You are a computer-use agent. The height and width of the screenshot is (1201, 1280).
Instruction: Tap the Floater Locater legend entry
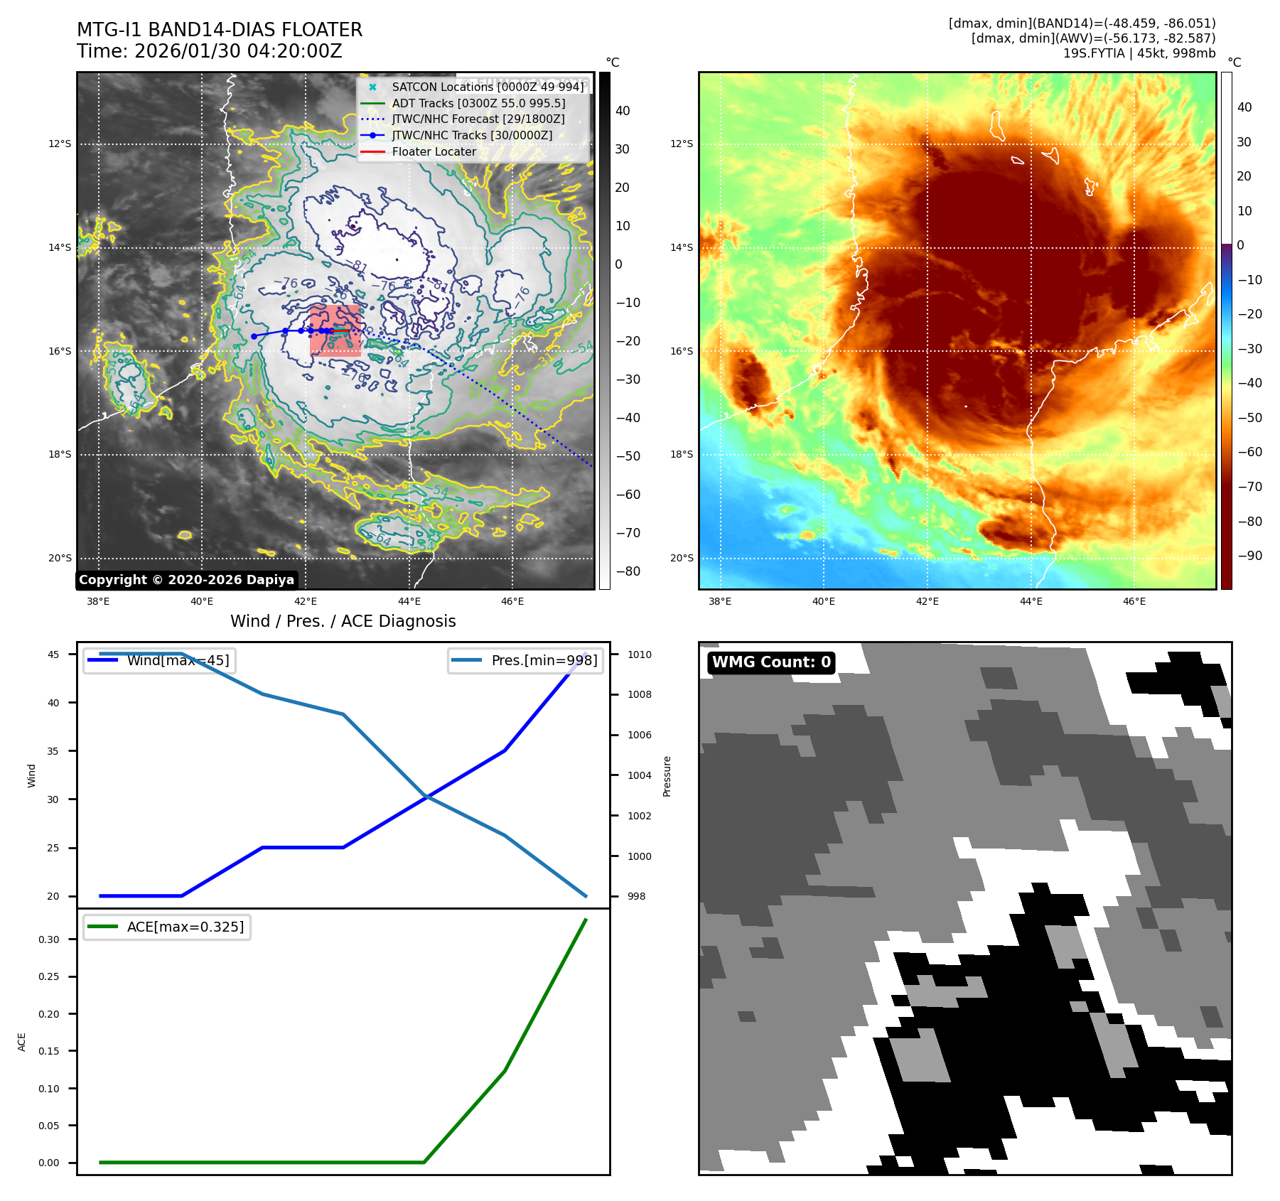[x=434, y=151]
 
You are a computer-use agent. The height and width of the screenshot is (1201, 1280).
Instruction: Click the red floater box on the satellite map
[x=335, y=330]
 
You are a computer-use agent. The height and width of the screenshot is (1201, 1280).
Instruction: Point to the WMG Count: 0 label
[x=771, y=662]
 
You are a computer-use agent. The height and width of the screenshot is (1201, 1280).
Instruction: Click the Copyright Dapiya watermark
[x=186, y=580]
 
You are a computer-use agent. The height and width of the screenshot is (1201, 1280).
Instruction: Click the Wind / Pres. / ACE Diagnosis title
[x=343, y=621]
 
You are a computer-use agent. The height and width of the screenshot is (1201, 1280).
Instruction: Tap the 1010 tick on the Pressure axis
[x=639, y=655]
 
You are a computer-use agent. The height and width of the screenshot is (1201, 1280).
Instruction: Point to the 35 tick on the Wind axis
[x=53, y=751]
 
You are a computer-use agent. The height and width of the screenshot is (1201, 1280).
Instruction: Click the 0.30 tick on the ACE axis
[x=49, y=939]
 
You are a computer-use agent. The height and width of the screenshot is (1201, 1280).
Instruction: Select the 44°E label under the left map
[x=409, y=601]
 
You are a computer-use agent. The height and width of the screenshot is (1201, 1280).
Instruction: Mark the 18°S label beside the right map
[x=681, y=454]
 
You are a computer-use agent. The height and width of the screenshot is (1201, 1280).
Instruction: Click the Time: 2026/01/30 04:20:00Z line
[x=210, y=51]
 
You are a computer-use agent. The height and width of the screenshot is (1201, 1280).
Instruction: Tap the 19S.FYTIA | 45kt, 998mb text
[x=1139, y=53]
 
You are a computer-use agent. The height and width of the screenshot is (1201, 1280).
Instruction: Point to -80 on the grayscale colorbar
[x=628, y=571]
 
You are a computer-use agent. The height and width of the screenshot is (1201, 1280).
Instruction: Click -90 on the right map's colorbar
[x=1249, y=556]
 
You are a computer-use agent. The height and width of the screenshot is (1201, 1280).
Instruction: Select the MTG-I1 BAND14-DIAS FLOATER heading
[x=220, y=30]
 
